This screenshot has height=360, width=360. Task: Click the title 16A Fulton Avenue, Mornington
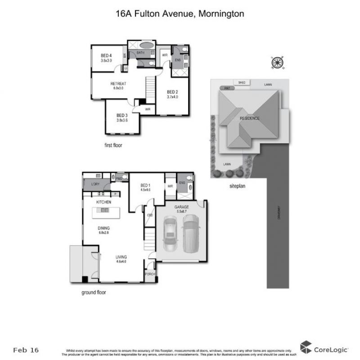point(180,14)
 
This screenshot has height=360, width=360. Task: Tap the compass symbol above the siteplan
point(278,62)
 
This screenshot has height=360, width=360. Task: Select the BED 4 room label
point(106,55)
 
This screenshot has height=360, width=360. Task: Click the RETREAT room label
point(118,84)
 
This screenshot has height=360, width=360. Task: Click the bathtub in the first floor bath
point(146,45)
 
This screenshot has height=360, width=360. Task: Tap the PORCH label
point(149,274)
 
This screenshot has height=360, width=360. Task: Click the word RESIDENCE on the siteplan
point(249,118)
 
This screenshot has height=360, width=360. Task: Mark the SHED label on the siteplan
point(242,83)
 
